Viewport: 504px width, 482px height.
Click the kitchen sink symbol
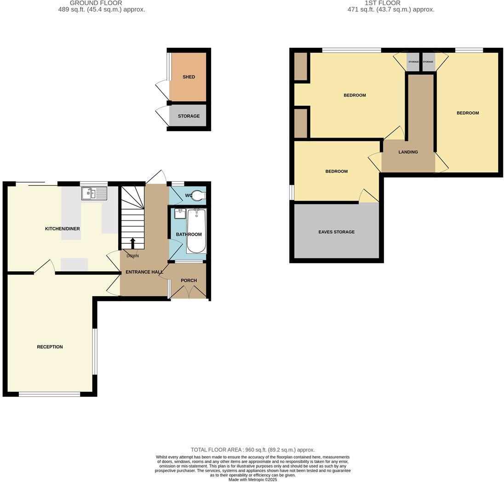(94, 194)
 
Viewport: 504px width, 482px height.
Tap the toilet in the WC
(198, 196)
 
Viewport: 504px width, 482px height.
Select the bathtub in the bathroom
(197, 231)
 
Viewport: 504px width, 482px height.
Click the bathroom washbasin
(180, 214)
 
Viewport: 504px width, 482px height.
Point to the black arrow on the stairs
(133, 243)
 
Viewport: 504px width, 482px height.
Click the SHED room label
(189, 77)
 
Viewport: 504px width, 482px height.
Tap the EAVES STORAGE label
(336, 232)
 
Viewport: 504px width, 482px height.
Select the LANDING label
(408, 152)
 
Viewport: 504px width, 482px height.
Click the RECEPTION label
(50, 347)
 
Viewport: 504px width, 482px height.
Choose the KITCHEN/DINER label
(62, 229)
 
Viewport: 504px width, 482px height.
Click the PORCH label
(189, 280)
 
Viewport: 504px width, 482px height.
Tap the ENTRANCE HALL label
(144, 272)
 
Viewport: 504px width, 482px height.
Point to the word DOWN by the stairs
(132, 256)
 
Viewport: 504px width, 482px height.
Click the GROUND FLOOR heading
(96, 3)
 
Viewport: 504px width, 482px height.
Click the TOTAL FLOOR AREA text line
(252, 450)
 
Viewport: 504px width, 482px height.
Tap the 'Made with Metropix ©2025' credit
(252, 479)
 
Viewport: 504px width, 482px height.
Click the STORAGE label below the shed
(189, 116)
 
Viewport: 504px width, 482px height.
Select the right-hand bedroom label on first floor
(467, 113)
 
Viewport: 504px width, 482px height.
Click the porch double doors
(188, 292)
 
